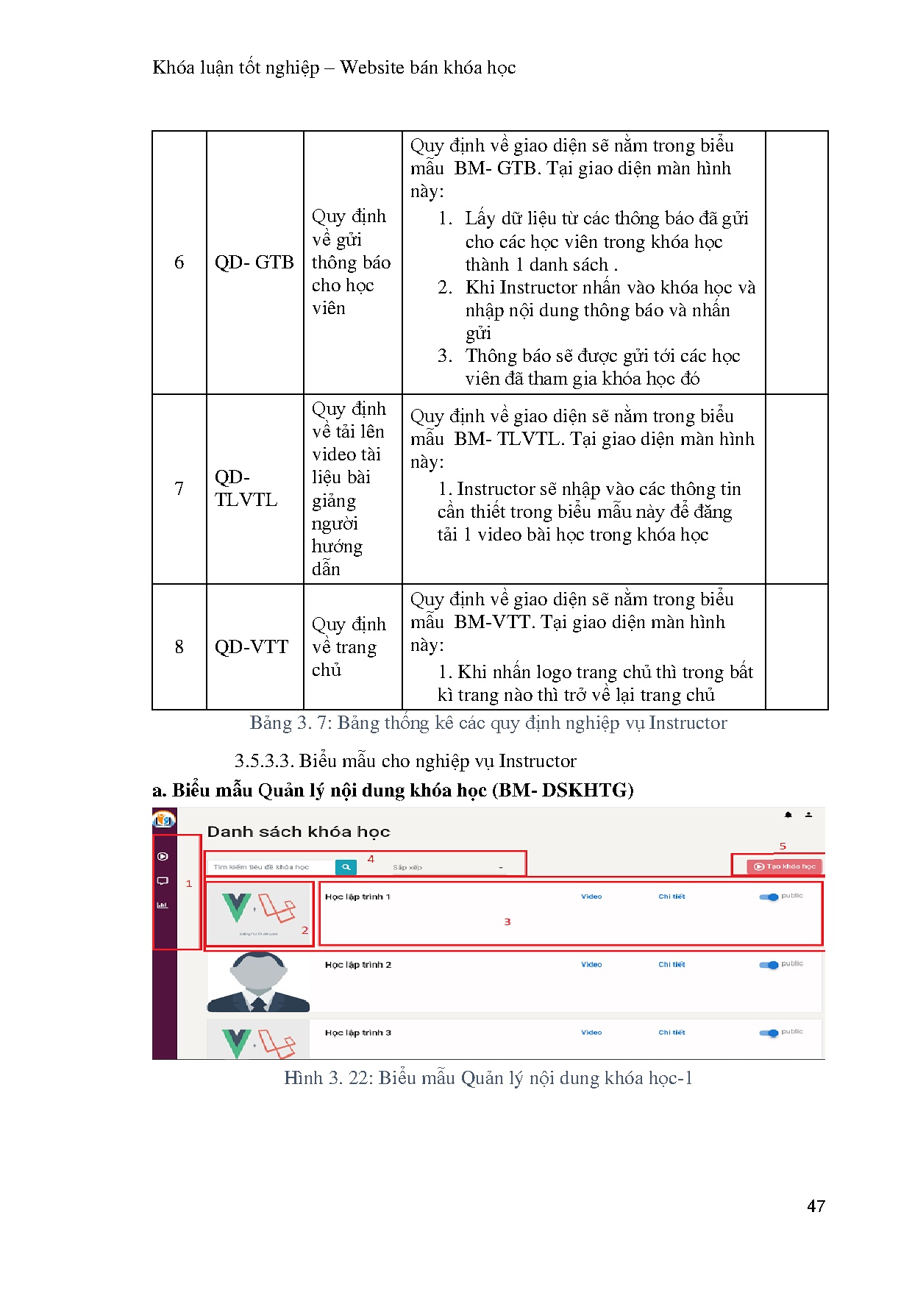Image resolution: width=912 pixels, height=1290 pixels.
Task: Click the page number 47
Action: [816, 1206]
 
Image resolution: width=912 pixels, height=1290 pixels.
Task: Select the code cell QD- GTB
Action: [254, 263]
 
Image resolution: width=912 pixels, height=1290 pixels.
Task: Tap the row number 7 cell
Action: [179, 488]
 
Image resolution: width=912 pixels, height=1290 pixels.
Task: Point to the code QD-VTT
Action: [251, 647]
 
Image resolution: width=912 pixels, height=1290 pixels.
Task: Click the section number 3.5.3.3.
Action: [264, 761]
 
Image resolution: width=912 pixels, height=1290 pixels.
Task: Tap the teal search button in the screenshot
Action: [346, 867]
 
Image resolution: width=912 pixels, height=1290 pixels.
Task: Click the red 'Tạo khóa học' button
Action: [785, 866]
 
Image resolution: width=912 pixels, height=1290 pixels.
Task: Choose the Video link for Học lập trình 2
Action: [591, 964]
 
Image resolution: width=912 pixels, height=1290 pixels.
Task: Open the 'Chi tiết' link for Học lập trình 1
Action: [671, 897]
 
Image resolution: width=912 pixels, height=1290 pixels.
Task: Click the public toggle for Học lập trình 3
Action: [769, 1033]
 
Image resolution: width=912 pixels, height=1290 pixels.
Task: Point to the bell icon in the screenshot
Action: [788, 815]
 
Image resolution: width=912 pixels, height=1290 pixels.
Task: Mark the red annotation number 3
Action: [507, 922]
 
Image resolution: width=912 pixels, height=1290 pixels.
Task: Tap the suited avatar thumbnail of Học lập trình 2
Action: [258, 982]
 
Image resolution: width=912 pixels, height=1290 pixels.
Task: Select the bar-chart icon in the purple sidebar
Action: [163, 905]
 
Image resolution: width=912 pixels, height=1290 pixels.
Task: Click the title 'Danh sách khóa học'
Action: [298, 832]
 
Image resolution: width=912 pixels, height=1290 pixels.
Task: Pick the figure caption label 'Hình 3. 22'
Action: [325, 1078]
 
